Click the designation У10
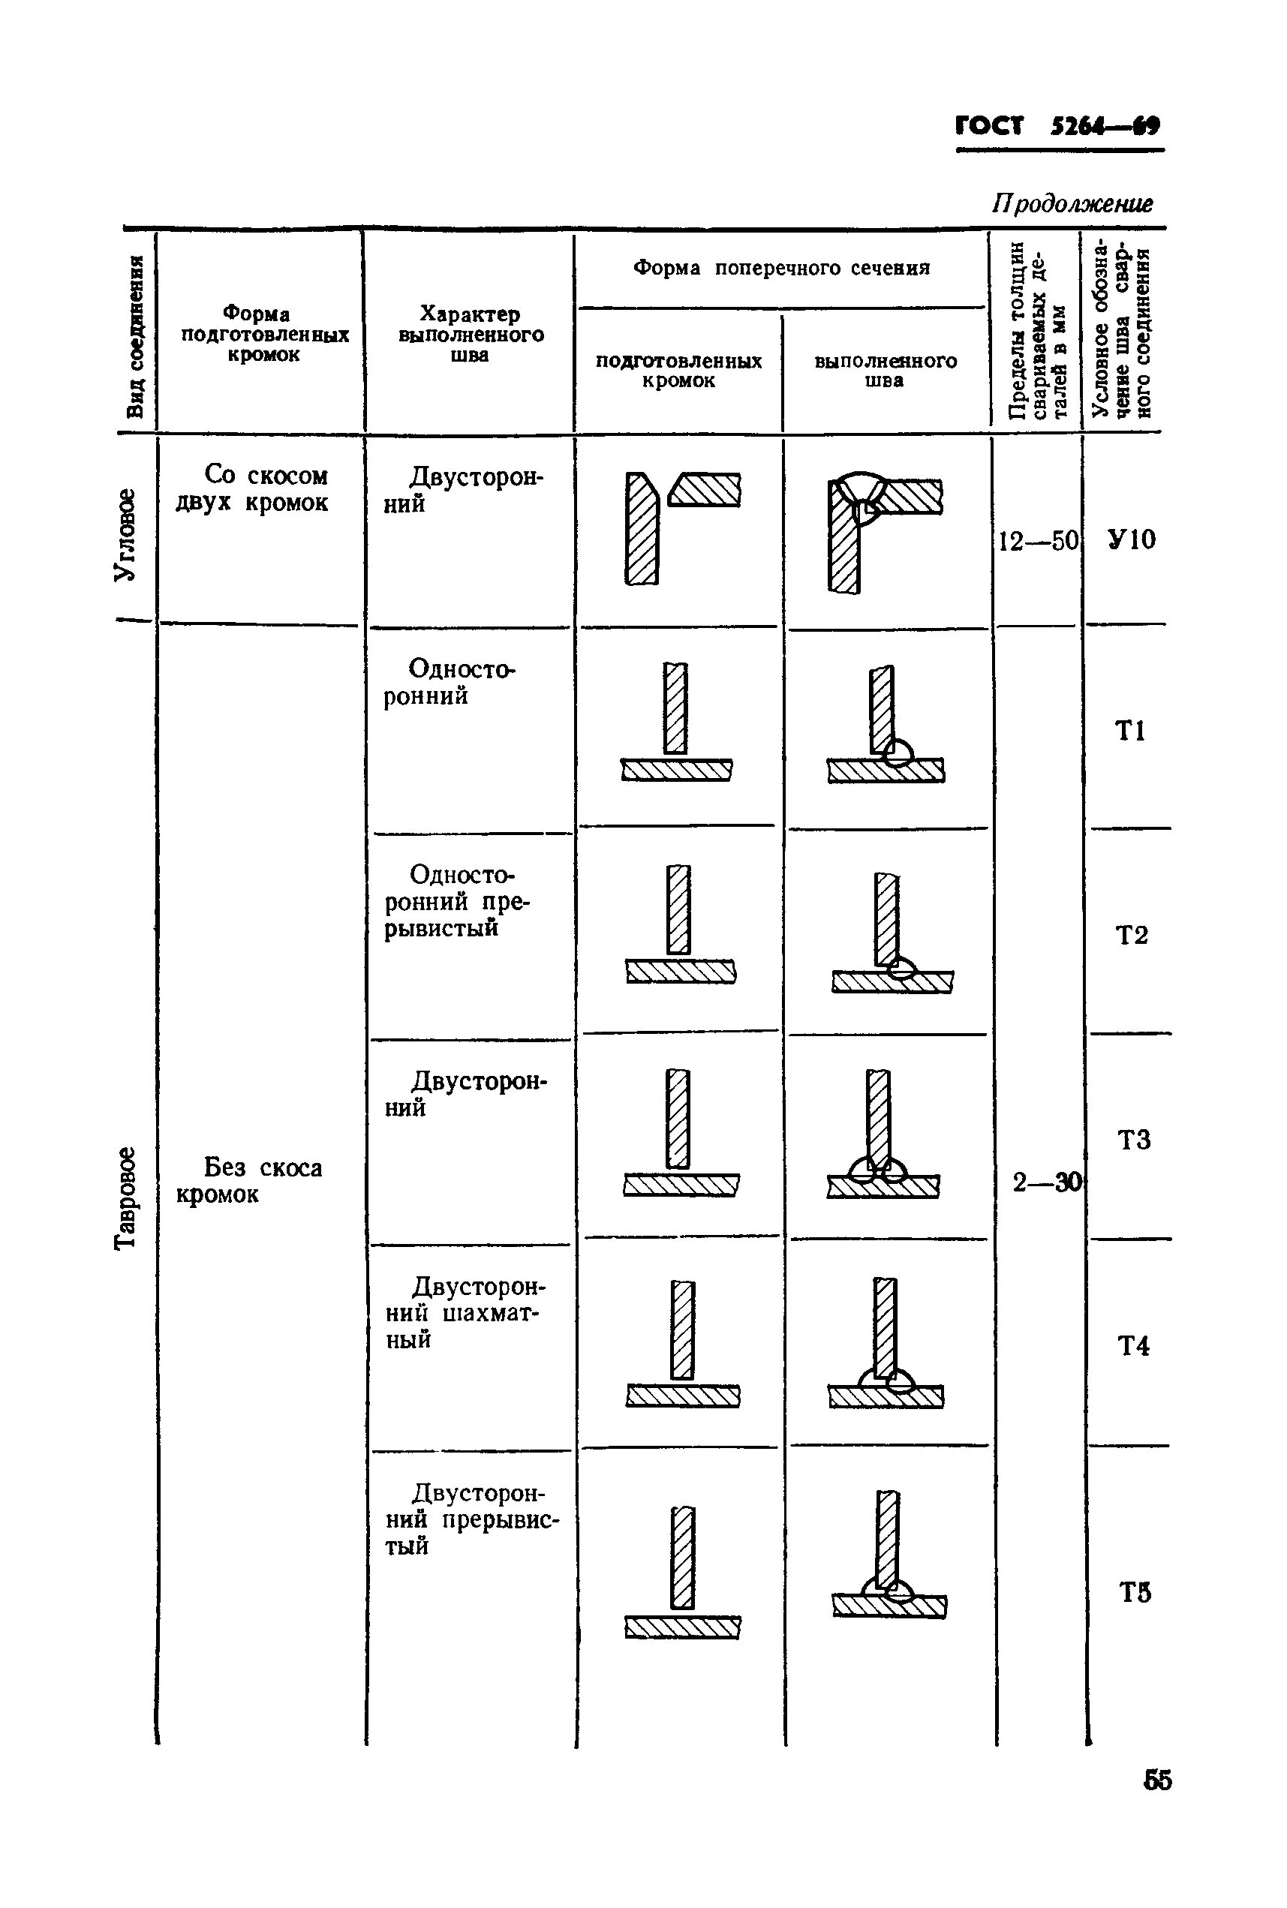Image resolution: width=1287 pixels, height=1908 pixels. pos(1130,539)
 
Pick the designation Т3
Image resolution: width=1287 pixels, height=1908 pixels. pos(1133,1139)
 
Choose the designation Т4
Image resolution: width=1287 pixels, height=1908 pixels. pos(1133,1345)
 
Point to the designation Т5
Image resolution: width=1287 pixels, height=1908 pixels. pos(1135,1592)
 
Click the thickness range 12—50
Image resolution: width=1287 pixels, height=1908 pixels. pos(1037,541)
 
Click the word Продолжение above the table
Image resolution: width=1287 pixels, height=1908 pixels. pos(1072,203)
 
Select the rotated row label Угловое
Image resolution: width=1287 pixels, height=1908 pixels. pos(125,534)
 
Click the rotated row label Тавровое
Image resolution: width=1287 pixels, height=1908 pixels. pos(125,1197)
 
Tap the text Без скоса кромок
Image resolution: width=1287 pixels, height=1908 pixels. pos(251,1180)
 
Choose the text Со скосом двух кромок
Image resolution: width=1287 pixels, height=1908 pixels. pos(253,488)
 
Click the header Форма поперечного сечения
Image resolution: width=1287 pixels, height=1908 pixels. pos(780,269)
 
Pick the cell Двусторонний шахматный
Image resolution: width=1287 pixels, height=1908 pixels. pos(465,1312)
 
